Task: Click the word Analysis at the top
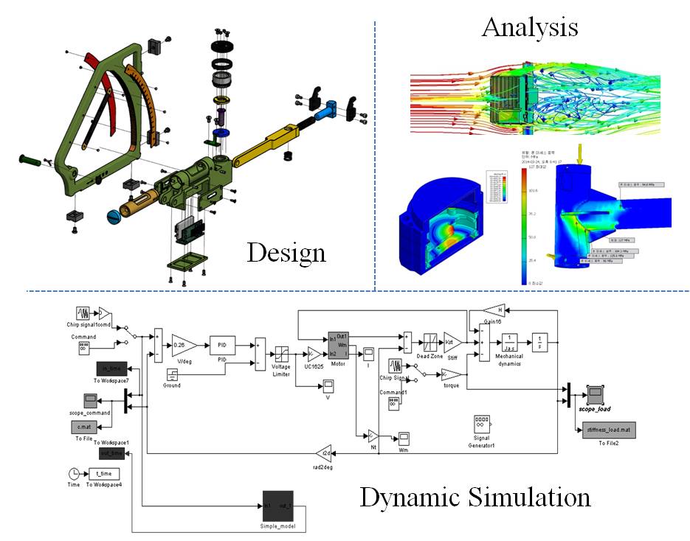pos(529,27)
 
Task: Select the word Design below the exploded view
pos(286,253)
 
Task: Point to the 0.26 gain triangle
pos(182,344)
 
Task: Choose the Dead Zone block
pos(431,343)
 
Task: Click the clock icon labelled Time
pos(74,473)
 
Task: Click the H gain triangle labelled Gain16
pos(493,310)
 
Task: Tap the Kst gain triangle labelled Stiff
pos(452,343)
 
